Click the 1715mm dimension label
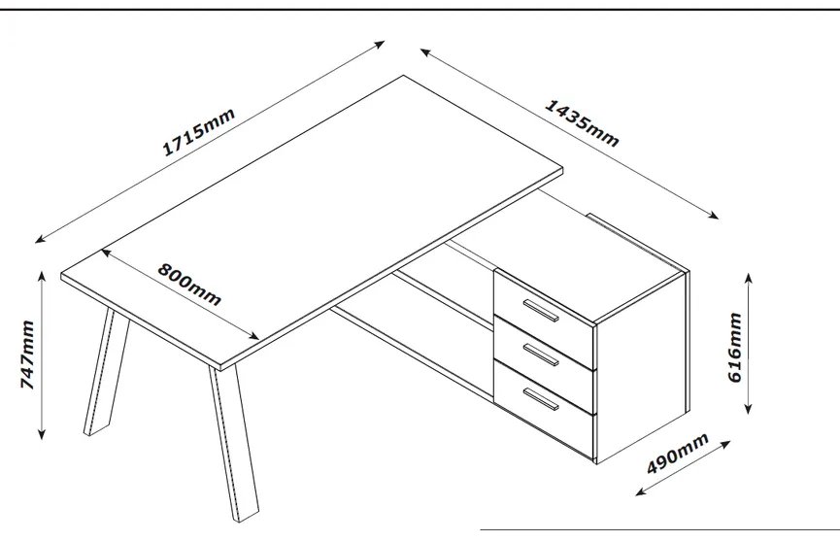198,132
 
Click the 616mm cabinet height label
735,347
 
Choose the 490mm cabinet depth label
678,454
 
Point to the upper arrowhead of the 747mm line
42,276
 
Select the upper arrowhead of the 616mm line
750,277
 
